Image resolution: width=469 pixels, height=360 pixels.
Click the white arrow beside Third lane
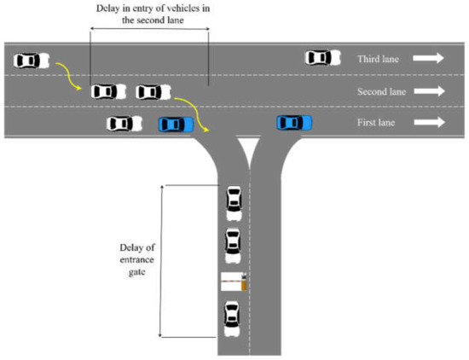(429, 59)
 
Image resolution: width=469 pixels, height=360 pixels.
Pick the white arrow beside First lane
(429, 123)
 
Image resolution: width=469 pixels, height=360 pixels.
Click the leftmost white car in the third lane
(32, 61)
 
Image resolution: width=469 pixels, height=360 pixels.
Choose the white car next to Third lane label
(319, 58)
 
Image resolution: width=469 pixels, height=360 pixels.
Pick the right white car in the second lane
(153, 91)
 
